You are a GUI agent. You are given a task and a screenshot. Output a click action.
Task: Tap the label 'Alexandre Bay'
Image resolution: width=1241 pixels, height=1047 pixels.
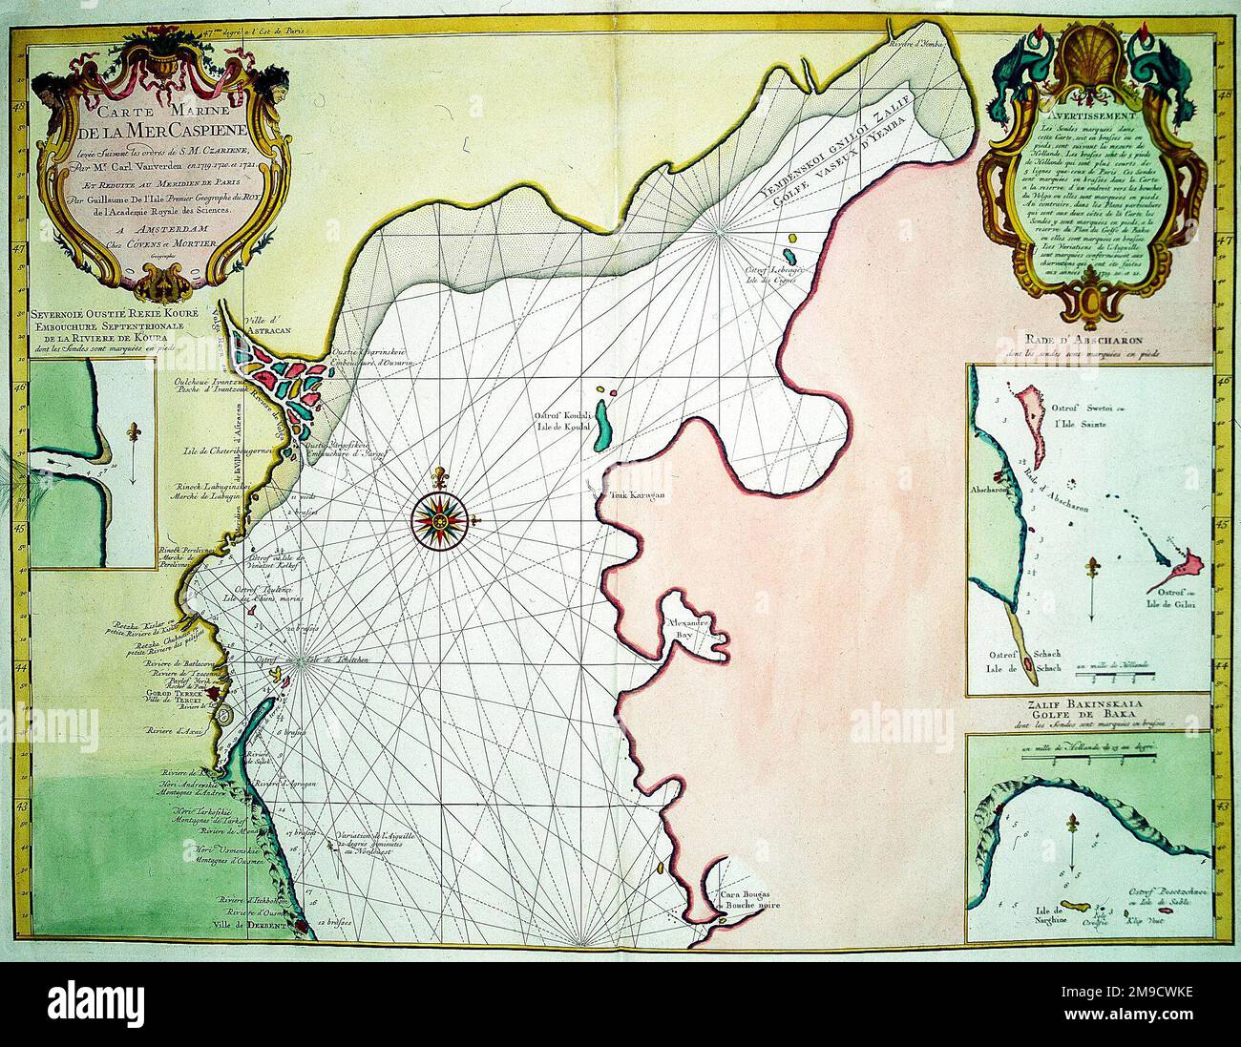coord(691,628)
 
